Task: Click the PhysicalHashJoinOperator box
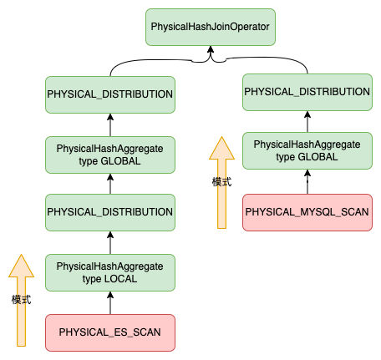click(211, 27)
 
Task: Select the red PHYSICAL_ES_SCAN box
click(110, 332)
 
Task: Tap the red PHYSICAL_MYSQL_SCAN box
click(307, 212)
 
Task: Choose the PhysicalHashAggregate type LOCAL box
click(110, 272)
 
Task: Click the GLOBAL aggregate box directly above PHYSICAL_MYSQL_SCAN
click(307, 150)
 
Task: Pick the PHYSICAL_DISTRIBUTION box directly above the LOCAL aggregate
click(110, 212)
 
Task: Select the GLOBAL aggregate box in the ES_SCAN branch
click(110, 155)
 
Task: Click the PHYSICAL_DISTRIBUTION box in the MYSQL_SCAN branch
click(307, 92)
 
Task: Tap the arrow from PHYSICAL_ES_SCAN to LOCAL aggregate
click(110, 303)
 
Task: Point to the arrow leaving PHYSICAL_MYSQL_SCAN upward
click(307, 182)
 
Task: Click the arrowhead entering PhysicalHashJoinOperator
click(211, 49)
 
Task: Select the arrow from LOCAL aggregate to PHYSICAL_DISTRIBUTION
click(110, 243)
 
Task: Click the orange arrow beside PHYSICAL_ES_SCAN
click(21, 300)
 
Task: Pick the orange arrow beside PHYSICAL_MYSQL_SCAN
click(221, 182)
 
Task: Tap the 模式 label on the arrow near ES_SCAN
click(21, 300)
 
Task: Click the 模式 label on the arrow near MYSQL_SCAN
click(221, 182)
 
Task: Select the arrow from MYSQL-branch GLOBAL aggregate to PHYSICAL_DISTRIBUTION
click(307, 122)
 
